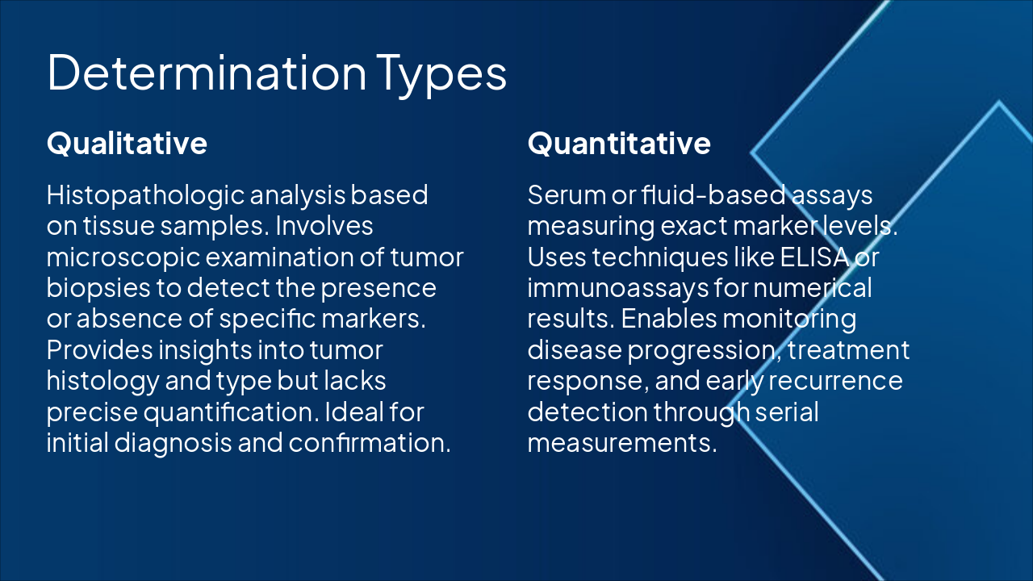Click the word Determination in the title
207,73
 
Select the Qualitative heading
127,144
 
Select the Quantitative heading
619,144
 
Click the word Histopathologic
146,196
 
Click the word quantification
231,412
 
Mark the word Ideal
354,412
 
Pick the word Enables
669,320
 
